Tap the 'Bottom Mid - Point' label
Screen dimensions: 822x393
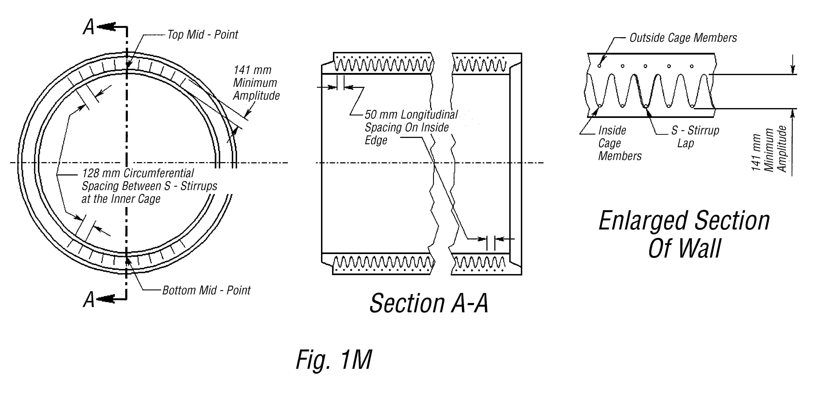click(207, 290)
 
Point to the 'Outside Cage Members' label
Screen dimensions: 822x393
click(683, 38)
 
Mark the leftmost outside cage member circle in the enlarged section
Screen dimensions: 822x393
click(599, 66)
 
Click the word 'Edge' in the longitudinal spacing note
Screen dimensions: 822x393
click(376, 140)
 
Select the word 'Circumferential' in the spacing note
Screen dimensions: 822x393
click(159, 173)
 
